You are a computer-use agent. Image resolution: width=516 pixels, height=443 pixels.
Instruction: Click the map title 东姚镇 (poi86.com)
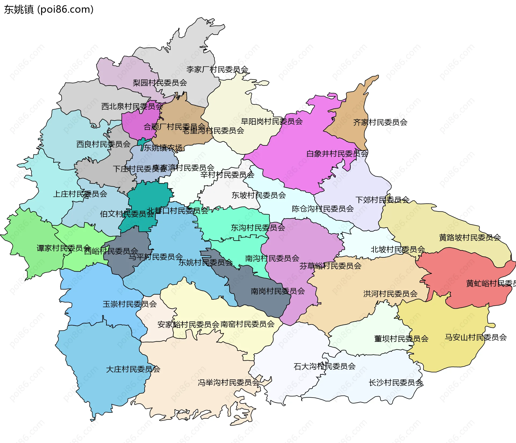coord(49,9)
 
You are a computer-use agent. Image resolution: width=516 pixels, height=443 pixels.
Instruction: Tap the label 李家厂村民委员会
coord(217,69)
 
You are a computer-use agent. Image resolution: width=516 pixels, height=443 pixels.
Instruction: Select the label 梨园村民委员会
coord(160,83)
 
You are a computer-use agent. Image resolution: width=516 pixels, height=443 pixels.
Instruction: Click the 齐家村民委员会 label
coord(380,122)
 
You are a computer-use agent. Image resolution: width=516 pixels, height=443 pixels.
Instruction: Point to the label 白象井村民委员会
coord(337,154)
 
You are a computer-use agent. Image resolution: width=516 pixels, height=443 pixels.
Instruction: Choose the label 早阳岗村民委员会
coord(271,122)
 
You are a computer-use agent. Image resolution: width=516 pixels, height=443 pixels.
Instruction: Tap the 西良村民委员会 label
coord(103,144)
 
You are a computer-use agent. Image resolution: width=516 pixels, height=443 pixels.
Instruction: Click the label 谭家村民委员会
coord(64,248)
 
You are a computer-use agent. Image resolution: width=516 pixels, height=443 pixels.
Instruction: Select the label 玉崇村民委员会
coord(130,304)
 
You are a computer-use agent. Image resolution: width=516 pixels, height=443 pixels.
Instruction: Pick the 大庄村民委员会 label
coord(133,369)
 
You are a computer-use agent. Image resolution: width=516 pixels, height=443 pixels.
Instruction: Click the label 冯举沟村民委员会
coord(228,382)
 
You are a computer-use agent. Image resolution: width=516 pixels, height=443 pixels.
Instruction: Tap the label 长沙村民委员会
coord(396,383)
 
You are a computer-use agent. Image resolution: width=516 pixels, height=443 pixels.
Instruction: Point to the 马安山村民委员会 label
coord(475,337)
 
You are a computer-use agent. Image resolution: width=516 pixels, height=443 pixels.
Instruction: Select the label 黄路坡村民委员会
coord(470,237)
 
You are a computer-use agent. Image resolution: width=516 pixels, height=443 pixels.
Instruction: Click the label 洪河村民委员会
coord(390,294)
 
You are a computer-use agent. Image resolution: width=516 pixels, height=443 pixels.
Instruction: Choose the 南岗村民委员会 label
coord(278,291)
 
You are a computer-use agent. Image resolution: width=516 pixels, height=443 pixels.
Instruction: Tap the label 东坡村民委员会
coord(259,195)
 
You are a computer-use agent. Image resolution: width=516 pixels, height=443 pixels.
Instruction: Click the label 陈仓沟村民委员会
coord(322,209)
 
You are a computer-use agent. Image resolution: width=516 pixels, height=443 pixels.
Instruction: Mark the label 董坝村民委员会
coord(401,339)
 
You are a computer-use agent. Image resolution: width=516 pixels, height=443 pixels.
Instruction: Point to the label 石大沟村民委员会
coord(324,366)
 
